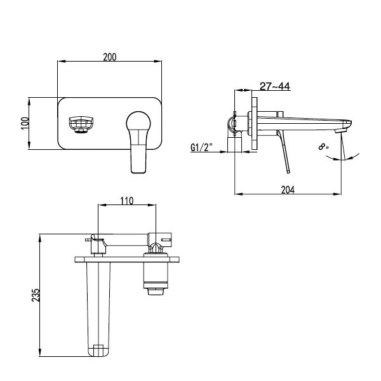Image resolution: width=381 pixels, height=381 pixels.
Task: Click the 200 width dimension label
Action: coord(109,57)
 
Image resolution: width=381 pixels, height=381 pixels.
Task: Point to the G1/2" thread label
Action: coord(201,149)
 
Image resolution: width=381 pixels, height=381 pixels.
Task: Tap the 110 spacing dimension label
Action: coord(126,201)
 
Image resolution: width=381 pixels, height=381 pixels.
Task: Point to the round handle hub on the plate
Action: coord(137,121)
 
